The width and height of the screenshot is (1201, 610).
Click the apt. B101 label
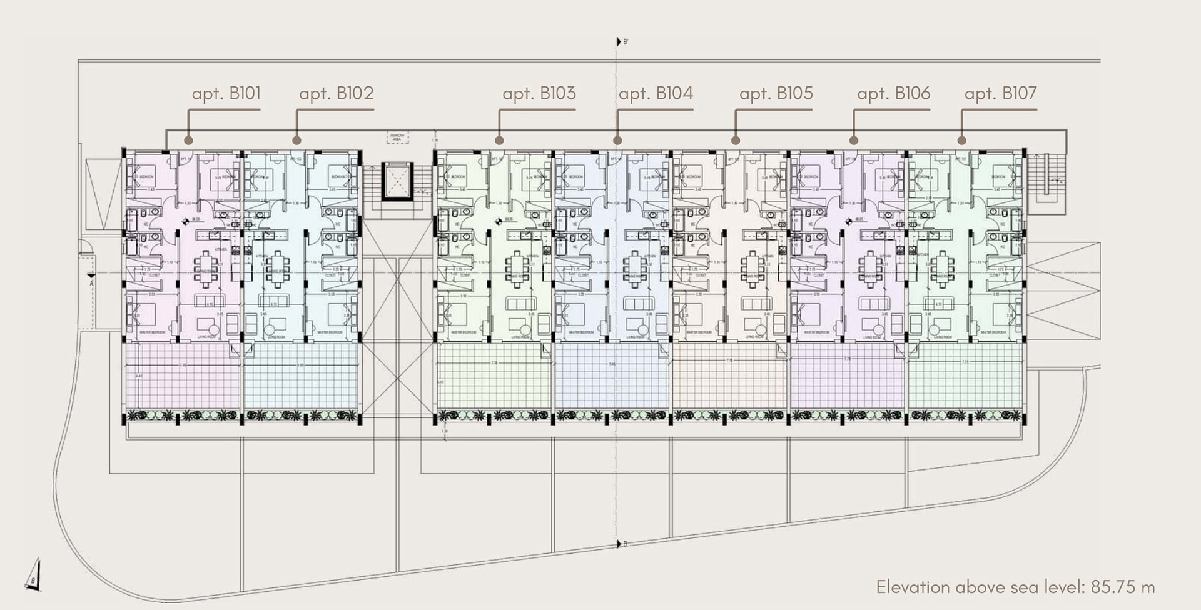coord(226,94)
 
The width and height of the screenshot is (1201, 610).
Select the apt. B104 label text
coord(656,94)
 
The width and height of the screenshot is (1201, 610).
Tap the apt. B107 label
coord(1000,94)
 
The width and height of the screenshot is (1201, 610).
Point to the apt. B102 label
coord(336,94)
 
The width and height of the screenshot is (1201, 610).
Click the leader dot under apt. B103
coord(499,141)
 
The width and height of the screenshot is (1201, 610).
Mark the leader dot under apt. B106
coord(854,141)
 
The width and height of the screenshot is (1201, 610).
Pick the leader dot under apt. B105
coord(736,141)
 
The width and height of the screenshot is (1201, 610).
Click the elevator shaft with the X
coord(398,181)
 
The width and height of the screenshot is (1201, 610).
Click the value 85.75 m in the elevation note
coord(1123,587)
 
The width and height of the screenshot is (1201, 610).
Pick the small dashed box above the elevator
coord(398,138)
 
